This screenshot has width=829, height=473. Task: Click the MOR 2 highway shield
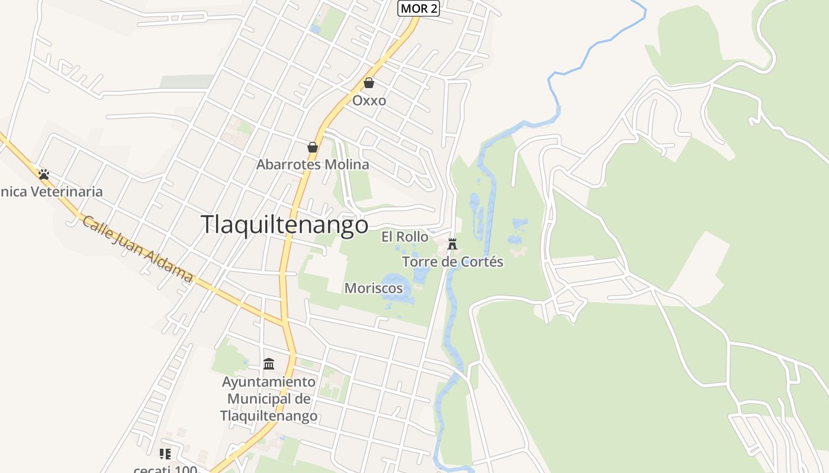(419, 8)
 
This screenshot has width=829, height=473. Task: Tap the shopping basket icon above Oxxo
(369, 83)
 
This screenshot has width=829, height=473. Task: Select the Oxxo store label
(369, 101)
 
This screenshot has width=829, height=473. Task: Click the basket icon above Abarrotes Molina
(313, 147)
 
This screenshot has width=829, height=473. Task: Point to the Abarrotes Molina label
(313, 164)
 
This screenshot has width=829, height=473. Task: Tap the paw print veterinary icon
(44, 174)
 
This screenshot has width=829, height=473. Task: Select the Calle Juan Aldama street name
(138, 248)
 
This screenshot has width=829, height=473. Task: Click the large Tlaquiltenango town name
(284, 225)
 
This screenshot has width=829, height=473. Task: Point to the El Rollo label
(404, 237)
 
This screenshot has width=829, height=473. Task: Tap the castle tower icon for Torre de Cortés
(452, 244)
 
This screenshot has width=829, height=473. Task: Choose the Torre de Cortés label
(452, 261)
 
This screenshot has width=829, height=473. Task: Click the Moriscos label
(374, 288)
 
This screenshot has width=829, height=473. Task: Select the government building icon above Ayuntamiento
(269, 364)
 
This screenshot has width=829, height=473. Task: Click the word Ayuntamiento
(269, 381)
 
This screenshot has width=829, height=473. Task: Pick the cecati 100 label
(165, 469)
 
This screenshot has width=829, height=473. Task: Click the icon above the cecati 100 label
(165, 453)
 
